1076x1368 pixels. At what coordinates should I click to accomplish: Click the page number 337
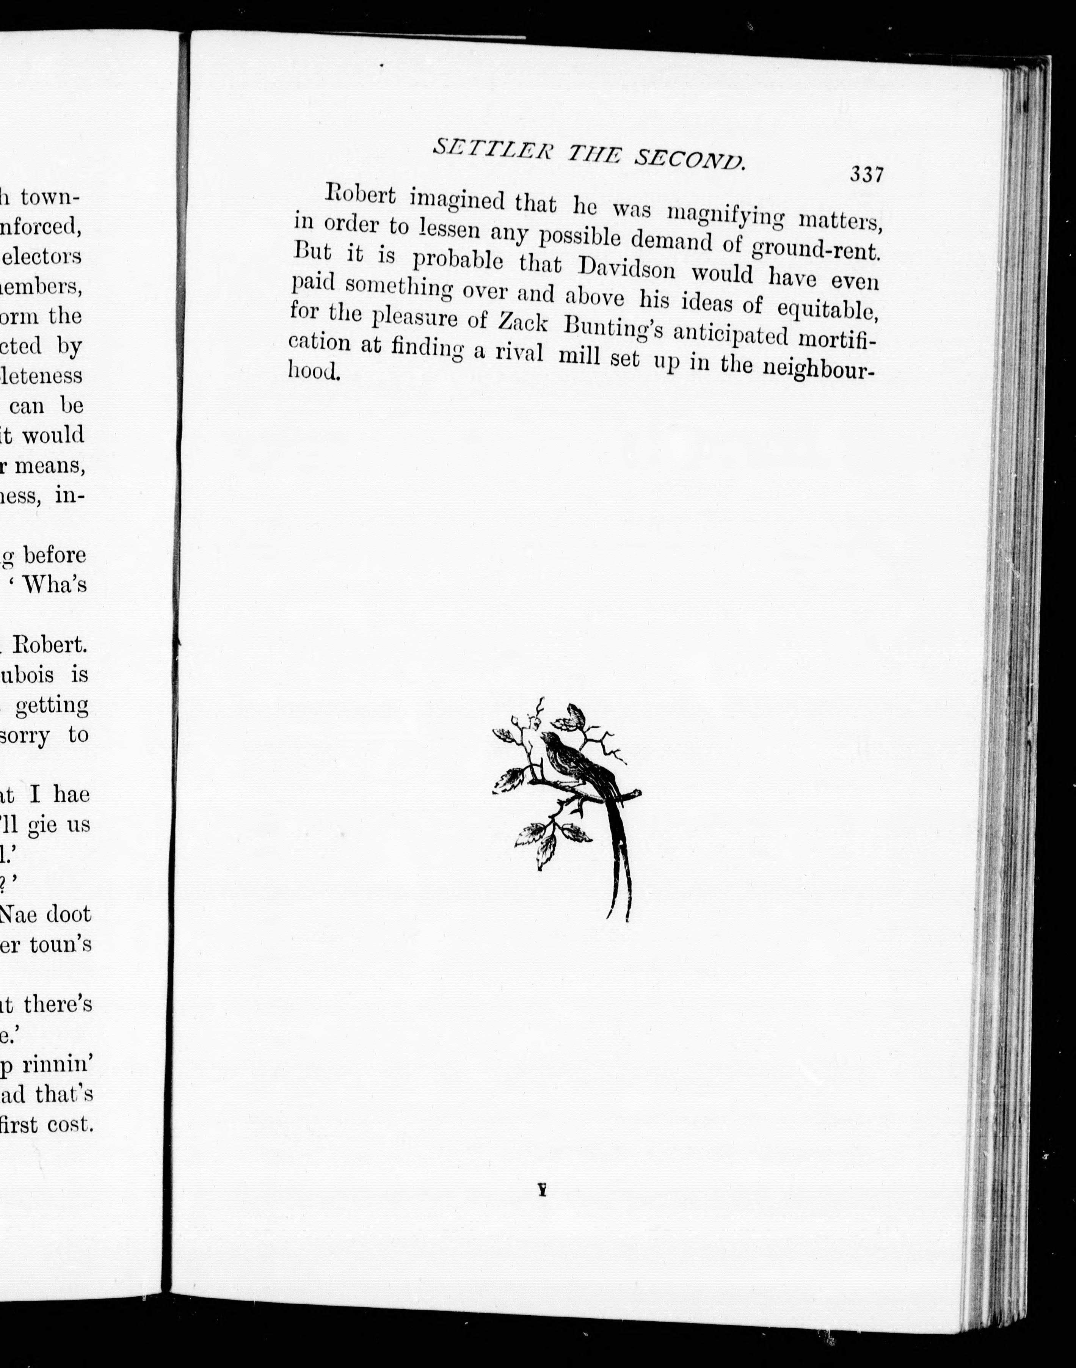point(867,174)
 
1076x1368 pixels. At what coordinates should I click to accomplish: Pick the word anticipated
point(730,334)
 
